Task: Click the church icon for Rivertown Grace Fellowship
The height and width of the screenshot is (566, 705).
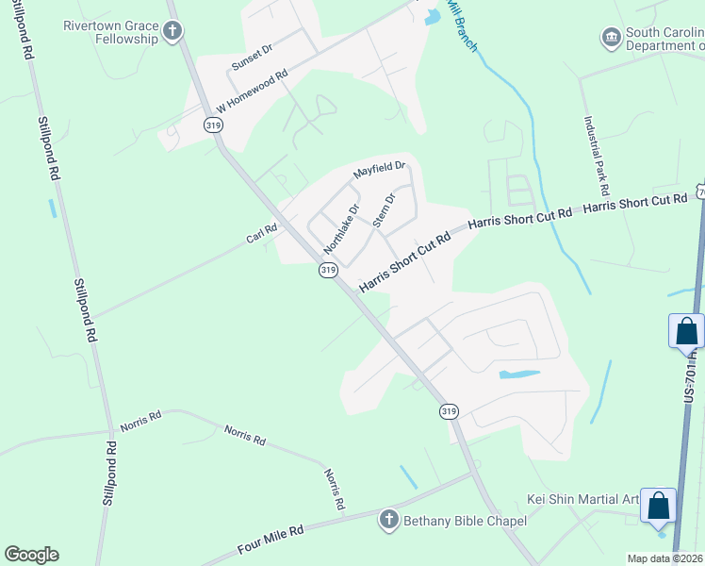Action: coord(172,32)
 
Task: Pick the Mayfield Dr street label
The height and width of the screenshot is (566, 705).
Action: coord(379,171)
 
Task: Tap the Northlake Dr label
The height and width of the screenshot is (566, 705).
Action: coord(342,229)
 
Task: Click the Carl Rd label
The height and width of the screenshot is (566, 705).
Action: coord(261,231)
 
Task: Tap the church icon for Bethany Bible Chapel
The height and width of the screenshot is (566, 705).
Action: coord(388,519)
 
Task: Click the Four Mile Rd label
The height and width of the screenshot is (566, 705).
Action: coord(270,544)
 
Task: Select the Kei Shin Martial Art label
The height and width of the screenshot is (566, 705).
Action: coord(582,498)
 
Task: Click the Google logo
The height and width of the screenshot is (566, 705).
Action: coord(31,555)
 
